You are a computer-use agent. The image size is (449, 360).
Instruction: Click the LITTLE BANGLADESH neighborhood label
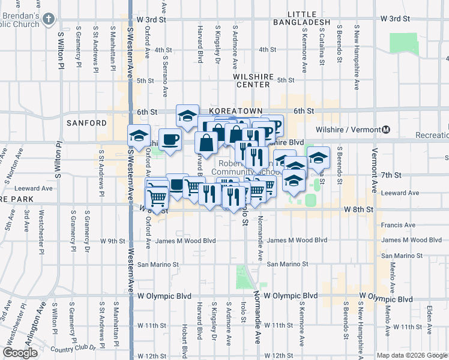tap(309, 18)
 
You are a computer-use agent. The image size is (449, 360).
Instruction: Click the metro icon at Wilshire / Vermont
tap(386, 130)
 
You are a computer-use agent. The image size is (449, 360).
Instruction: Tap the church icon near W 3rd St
tap(48, 20)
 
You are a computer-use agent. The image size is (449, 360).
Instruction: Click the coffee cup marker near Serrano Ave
tap(170, 140)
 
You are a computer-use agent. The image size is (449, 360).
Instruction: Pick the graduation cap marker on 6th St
tap(187, 115)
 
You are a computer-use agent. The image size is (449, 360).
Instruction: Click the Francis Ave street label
tap(398, 225)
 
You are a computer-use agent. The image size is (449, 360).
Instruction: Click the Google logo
tap(20, 353)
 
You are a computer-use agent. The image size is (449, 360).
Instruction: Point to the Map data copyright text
tap(412, 355)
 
